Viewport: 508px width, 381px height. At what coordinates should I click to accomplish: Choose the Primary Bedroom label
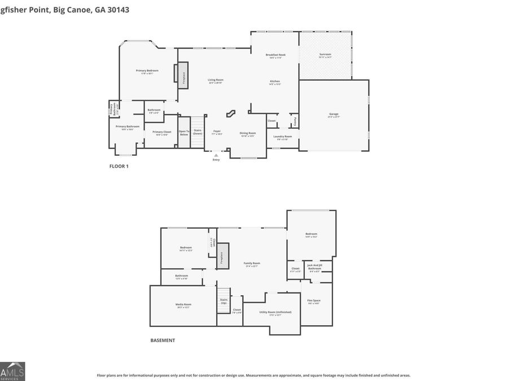tap(147, 71)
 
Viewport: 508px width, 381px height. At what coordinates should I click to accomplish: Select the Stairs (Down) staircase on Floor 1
tap(198, 132)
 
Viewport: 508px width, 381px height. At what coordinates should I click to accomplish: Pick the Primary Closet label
tap(161, 133)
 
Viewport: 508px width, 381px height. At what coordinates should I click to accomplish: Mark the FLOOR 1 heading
tap(119, 167)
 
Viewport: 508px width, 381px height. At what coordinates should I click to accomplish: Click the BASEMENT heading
tap(163, 340)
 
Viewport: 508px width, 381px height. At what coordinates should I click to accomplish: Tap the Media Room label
tap(183, 305)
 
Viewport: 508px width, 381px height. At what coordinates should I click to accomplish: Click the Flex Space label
tap(314, 301)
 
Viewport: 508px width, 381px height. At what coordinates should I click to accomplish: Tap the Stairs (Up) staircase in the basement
tap(224, 301)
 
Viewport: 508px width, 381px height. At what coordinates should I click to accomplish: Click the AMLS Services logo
tap(12, 371)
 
